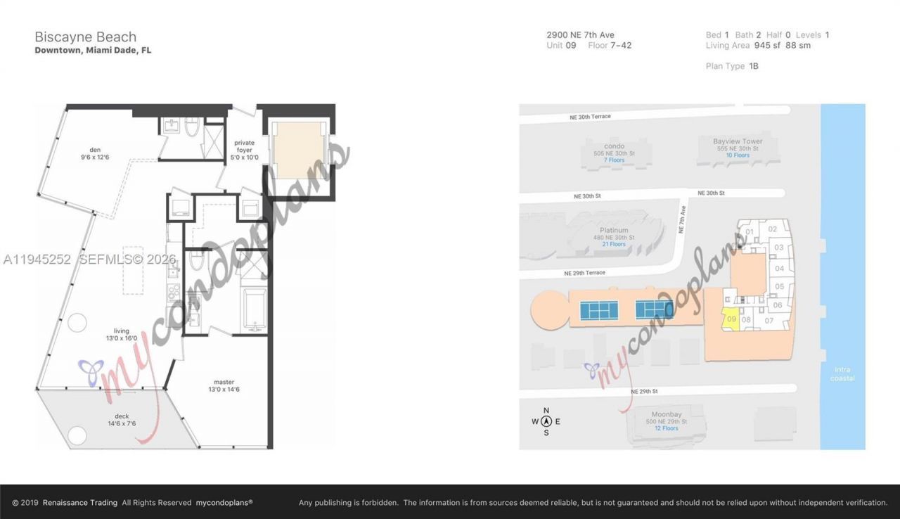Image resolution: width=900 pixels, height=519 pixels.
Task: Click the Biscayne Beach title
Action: pos(86,37)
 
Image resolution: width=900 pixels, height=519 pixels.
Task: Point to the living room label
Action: pos(122,334)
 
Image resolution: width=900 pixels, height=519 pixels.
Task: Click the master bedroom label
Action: pos(224,385)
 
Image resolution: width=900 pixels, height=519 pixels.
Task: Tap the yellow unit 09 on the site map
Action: pos(731,319)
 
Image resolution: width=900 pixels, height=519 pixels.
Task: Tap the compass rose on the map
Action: pos(546,421)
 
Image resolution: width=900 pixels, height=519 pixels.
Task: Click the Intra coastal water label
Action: pos(842,374)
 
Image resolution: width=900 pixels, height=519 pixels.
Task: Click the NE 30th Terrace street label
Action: pos(591,117)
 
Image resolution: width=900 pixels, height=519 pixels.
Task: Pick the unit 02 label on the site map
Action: pos(772,229)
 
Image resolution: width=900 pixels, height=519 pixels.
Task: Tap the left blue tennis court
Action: pos(599,310)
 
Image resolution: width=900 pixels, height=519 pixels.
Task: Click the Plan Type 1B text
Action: pos(732,66)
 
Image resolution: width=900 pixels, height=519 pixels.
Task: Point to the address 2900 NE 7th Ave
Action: pos(580,34)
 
